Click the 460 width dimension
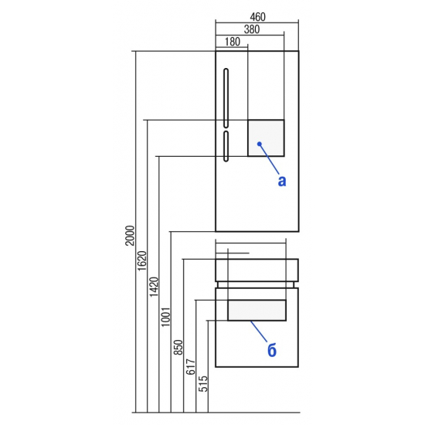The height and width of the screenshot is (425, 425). pyautogui.click(x=257, y=17)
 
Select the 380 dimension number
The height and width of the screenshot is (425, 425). pyautogui.click(x=252, y=29)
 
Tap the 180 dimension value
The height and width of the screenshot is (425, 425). pyautogui.click(x=233, y=42)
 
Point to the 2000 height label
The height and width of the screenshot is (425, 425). pyautogui.click(x=131, y=235)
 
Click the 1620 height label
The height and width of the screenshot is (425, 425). pyautogui.click(x=142, y=260)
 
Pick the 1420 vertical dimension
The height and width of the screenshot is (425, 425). pyautogui.click(x=154, y=287)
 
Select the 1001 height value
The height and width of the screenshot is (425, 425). pyautogui.click(x=165, y=317)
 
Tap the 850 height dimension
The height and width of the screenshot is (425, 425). pyautogui.click(x=178, y=348)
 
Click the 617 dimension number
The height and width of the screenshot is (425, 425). pyautogui.click(x=191, y=367)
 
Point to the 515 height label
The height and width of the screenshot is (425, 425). pyautogui.click(x=203, y=383)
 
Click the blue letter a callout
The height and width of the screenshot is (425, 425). pyautogui.click(x=282, y=181)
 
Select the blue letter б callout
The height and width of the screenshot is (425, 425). pyautogui.click(x=272, y=349)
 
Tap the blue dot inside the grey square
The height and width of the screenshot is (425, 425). pyautogui.click(x=260, y=144)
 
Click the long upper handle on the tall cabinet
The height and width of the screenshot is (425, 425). pyautogui.click(x=226, y=98)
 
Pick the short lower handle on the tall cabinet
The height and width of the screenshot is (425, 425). pyautogui.click(x=226, y=146)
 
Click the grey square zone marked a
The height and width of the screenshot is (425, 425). pyautogui.click(x=266, y=138)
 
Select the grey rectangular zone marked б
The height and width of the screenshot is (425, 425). pyautogui.click(x=257, y=311)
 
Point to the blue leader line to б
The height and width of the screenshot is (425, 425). pyautogui.click(x=259, y=331)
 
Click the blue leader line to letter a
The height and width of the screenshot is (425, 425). pyautogui.click(x=269, y=159)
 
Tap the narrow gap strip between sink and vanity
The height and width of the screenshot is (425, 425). pyautogui.click(x=256, y=284)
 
